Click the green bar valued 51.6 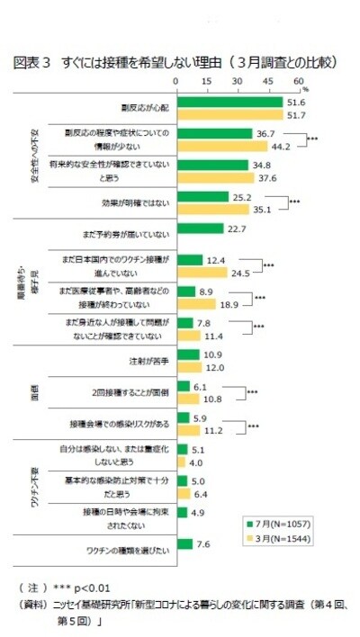coord(229,103)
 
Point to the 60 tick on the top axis coord(298,82)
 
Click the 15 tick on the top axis coord(206,82)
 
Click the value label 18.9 coord(230,304)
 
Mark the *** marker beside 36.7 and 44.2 coord(312,139)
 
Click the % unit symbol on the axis coord(306,88)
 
